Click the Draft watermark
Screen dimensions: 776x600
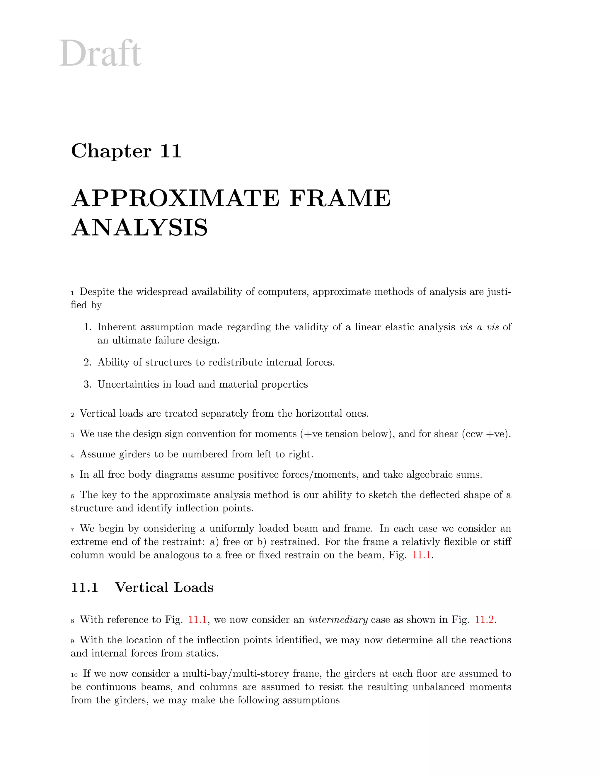pyautogui.click(x=100, y=54)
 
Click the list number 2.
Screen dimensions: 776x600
pyautogui.click(x=87, y=363)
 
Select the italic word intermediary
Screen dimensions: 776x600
pyautogui.click(x=338, y=620)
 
